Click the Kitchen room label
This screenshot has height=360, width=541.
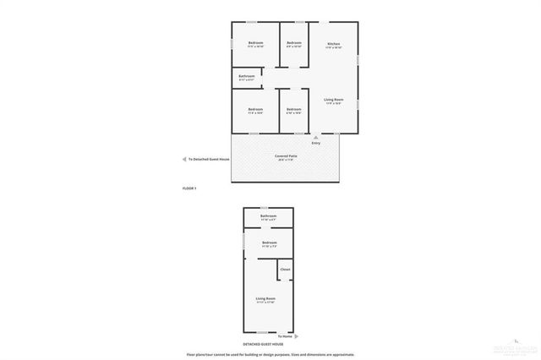[333, 43]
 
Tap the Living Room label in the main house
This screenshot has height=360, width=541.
[333, 100]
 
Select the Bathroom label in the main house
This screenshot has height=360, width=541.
[247, 76]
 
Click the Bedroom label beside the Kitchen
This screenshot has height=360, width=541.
[294, 43]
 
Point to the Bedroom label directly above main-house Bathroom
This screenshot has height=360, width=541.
[255, 43]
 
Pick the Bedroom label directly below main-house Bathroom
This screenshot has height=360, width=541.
[255, 109]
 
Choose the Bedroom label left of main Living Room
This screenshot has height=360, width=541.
[293, 109]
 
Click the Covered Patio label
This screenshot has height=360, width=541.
[286, 156]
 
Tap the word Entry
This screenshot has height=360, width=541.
[316, 143]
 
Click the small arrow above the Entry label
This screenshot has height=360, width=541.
[316, 136]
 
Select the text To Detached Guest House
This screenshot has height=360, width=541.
[209, 159]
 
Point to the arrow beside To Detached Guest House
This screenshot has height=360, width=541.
[184, 159]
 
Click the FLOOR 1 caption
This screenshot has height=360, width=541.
[189, 188]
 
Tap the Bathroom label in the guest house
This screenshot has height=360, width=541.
[268, 216]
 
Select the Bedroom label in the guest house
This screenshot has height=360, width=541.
[270, 243]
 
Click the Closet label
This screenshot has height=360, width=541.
[285, 270]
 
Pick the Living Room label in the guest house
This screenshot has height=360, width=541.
[266, 298]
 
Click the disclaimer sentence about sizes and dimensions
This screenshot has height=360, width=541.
[270, 354]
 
